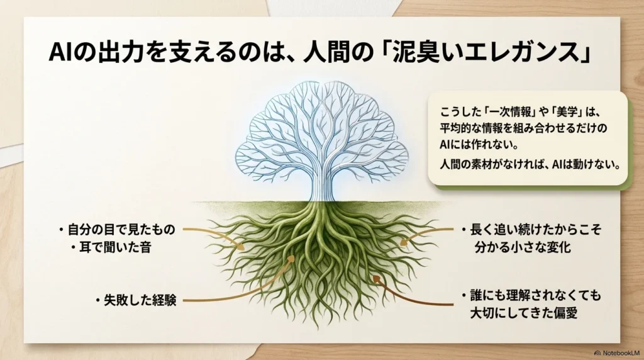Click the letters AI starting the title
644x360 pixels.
click(60, 53)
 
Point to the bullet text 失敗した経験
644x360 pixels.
click(140, 301)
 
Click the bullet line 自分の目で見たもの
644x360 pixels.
click(121, 229)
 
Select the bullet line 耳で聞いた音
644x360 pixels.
click(115, 247)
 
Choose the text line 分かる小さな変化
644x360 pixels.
click(523, 247)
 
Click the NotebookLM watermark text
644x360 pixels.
click(621, 353)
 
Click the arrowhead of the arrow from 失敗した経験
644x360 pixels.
click(292, 259)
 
